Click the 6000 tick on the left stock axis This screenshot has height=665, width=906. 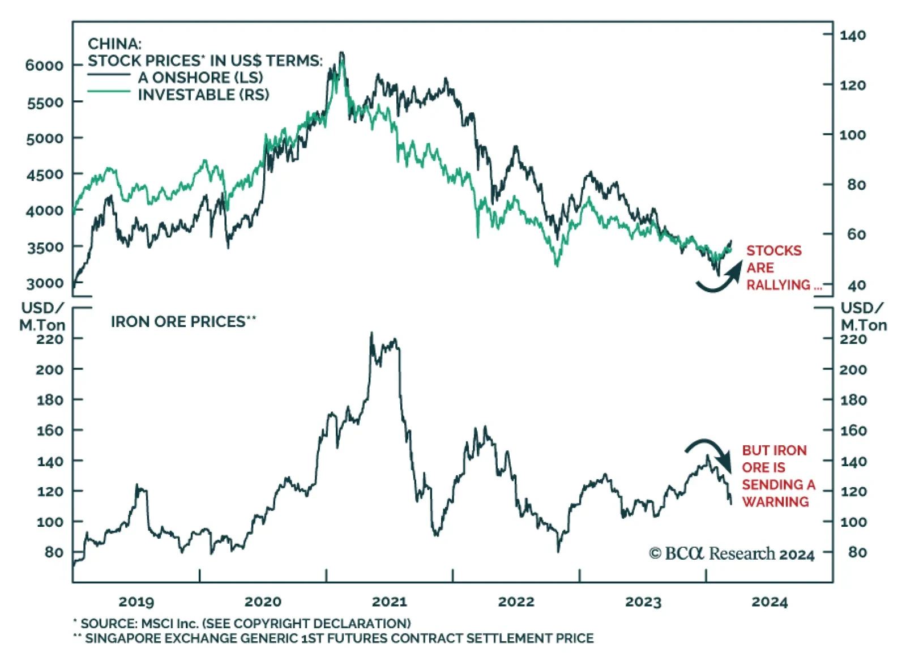[44, 65]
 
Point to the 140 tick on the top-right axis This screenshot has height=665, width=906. [852, 35]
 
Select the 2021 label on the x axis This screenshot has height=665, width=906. [389, 602]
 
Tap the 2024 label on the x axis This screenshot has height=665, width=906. [769, 602]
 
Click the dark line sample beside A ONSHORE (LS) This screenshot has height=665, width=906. [109, 75]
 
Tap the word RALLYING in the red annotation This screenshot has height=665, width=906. [778, 285]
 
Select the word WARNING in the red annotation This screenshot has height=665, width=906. [775, 502]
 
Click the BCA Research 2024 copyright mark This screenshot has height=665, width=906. [732, 553]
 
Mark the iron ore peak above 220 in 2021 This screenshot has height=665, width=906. [371, 334]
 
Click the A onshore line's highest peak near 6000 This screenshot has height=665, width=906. [341, 54]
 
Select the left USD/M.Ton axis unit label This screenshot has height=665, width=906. [42, 316]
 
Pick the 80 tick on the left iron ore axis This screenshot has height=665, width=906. [54, 552]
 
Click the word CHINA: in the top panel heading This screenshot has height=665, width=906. [114, 44]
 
